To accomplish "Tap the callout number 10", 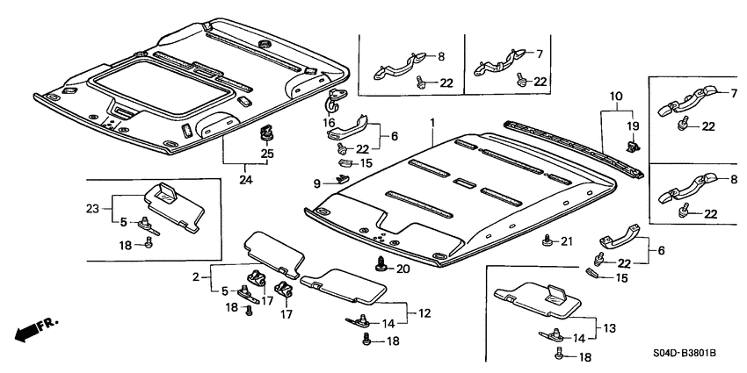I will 615,95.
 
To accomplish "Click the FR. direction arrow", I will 36,330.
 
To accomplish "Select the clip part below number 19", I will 631,147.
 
